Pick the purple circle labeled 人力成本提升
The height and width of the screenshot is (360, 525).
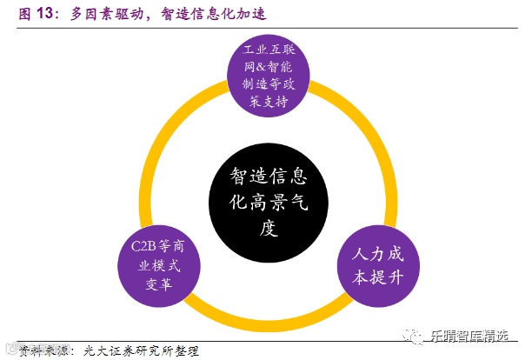[x=376, y=268]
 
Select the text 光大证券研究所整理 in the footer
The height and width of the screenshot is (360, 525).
[x=141, y=350]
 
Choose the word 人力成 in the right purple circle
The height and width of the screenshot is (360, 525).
[x=377, y=257]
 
